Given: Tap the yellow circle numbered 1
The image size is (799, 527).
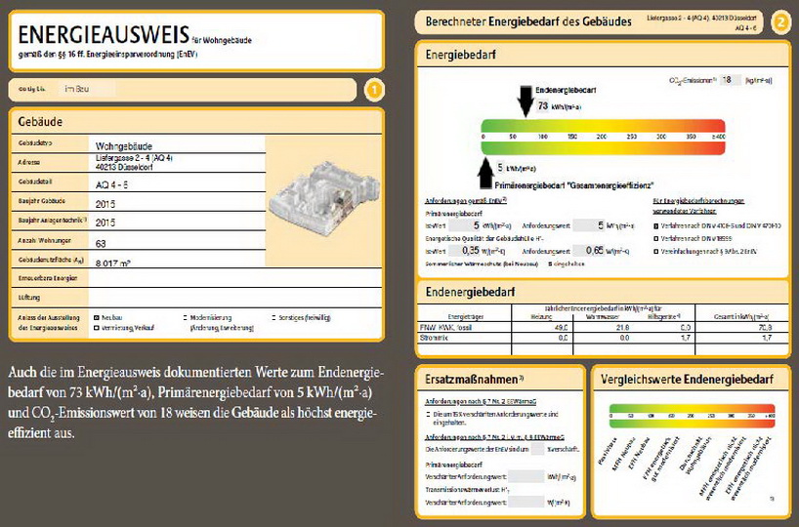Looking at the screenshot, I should point(372,91).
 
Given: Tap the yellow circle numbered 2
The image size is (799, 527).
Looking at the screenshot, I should point(780,20).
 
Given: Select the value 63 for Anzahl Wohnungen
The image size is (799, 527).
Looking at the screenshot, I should point(102,242).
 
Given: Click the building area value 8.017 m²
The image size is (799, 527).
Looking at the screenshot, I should point(115,263).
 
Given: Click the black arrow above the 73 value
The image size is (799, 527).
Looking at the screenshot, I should point(526,98).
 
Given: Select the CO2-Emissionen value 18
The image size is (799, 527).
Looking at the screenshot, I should point(725,80).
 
